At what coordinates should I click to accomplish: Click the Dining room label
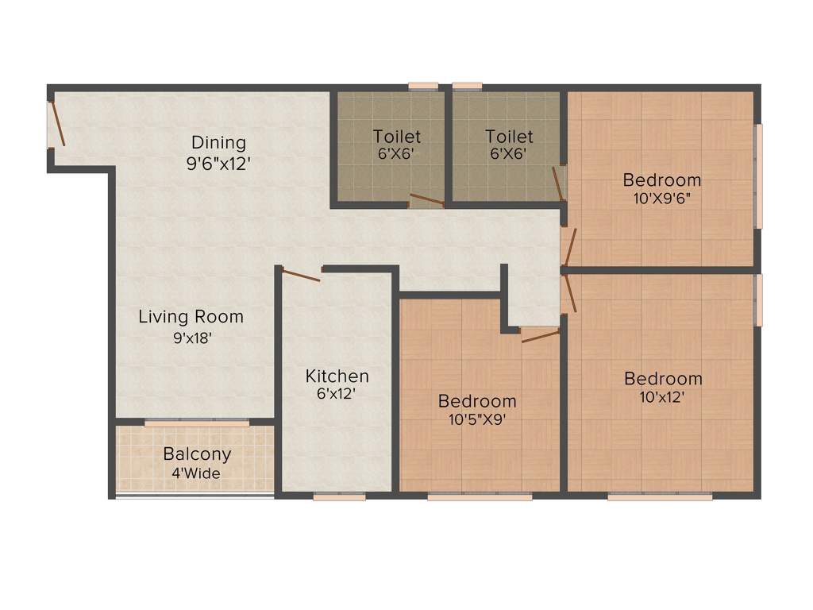tap(218, 143)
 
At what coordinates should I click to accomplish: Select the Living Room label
tap(191, 317)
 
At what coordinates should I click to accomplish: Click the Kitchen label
tap(337, 376)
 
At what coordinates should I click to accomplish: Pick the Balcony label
tap(197, 454)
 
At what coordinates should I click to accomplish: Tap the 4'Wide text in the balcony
tap(196, 474)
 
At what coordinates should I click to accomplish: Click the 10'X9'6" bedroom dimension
tap(661, 199)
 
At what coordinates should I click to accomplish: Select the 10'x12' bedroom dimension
tap(662, 397)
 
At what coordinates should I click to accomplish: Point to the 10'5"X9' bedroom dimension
tap(476, 420)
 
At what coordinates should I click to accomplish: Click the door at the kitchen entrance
tap(301, 276)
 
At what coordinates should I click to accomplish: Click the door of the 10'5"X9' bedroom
tap(540, 336)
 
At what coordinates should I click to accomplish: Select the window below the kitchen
tap(339, 497)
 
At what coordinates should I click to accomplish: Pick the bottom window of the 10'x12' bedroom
tap(660, 497)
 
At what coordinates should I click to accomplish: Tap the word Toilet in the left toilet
tap(397, 137)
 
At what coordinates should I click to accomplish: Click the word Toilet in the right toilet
tap(509, 137)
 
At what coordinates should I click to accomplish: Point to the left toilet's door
tap(426, 199)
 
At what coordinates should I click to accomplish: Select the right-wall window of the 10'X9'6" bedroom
tap(758, 176)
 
